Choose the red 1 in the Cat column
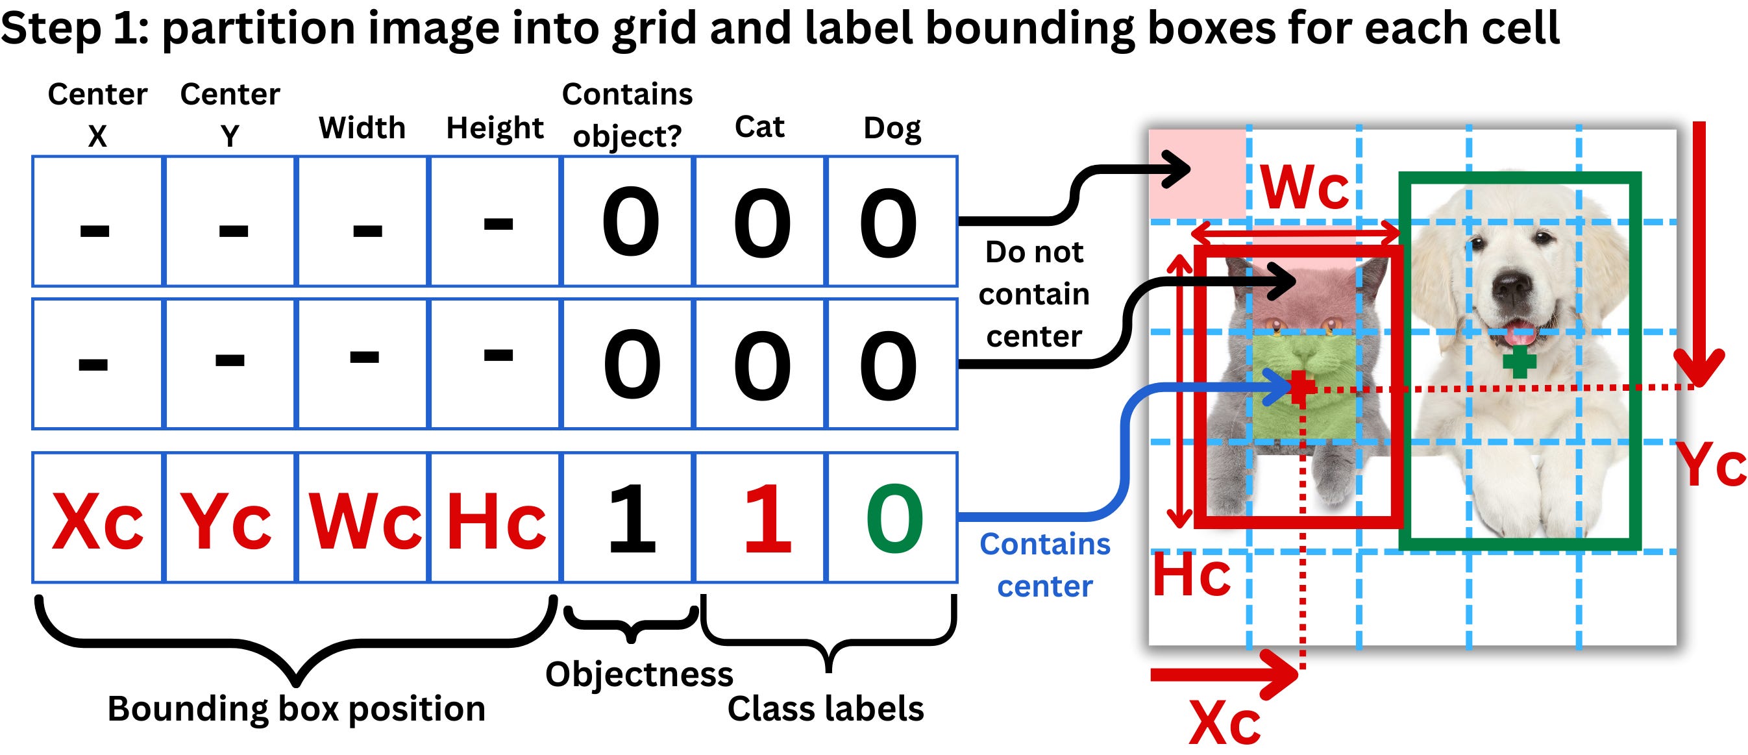767,520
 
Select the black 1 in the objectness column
631,520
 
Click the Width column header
362,128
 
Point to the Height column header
495,128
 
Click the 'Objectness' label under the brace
639,675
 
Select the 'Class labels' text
825,708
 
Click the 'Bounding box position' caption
297,708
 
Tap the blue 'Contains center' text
1045,565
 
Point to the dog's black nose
1512,285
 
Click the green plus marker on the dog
1520,361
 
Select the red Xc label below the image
1225,723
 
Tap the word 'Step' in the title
51,29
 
